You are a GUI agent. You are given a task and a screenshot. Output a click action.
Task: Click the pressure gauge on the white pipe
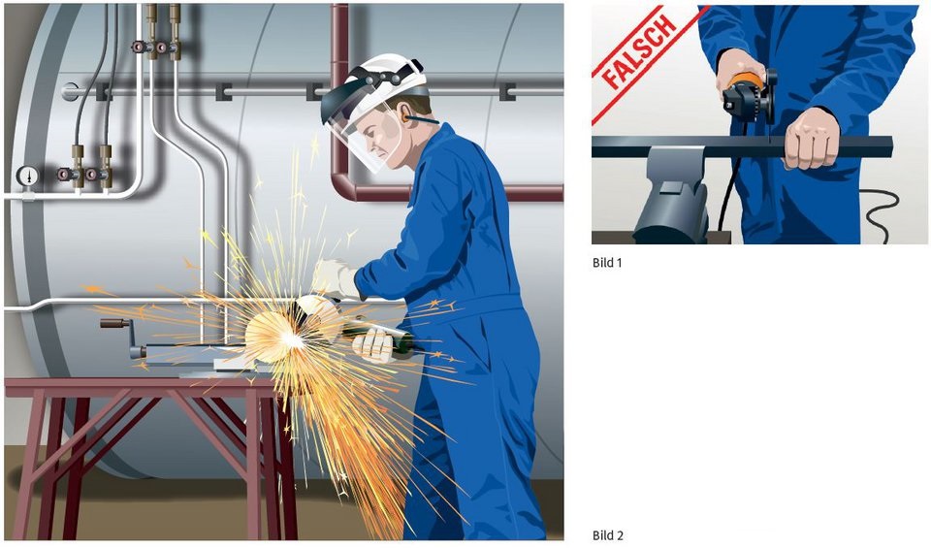click(x=27, y=176)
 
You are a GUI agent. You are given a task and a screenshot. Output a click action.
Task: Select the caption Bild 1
click(x=607, y=263)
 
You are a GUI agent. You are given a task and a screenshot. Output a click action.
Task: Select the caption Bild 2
click(x=608, y=535)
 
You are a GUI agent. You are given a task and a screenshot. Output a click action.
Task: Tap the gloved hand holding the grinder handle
click(x=374, y=345)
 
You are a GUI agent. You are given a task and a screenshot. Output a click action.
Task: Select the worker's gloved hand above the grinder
click(x=335, y=279)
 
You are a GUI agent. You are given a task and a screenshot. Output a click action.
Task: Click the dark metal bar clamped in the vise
click(x=742, y=146)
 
